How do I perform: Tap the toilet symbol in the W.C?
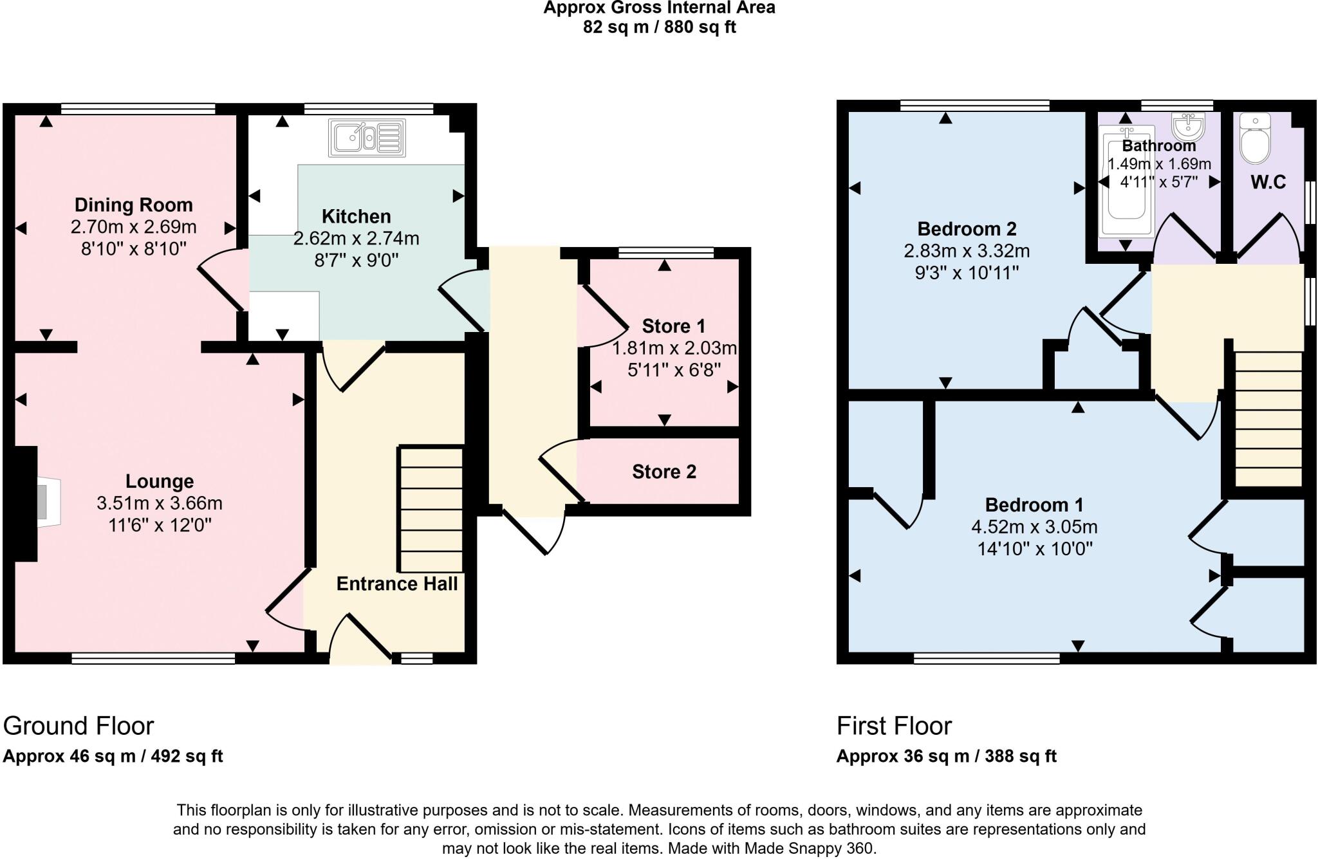pyautogui.click(x=1254, y=140)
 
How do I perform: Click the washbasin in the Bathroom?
pyautogui.click(x=1189, y=126)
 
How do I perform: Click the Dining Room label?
pyautogui.click(x=133, y=205)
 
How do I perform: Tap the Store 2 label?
pyautogui.click(x=664, y=472)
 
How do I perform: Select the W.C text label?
pyautogui.click(x=1268, y=183)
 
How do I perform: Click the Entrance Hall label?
pyautogui.click(x=396, y=584)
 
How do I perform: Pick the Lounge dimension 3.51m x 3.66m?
pyautogui.click(x=159, y=503)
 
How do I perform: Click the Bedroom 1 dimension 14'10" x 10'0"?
pyautogui.click(x=1034, y=549)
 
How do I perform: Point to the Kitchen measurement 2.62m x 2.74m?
pyautogui.click(x=356, y=239)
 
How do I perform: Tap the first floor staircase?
pyautogui.click(x=1268, y=418)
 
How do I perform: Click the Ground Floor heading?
pyautogui.click(x=79, y=726)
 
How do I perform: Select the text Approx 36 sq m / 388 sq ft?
pyautogui.click(x=946, y=757)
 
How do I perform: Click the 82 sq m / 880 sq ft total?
pyautogui.click(x=659, y=27)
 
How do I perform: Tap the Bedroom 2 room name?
pyautogui.click(x=966, y=229)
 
